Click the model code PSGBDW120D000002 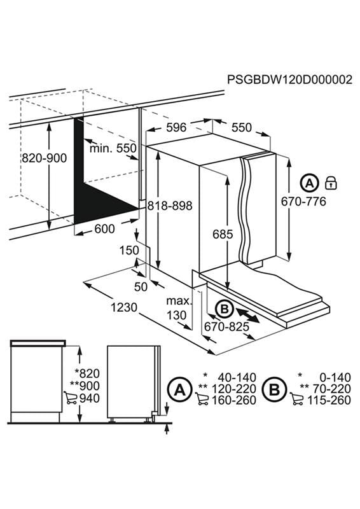point(289,80)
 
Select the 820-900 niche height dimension point(44,158)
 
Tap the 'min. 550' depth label point(113,148)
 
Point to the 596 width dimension point(176,127)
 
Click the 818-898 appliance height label point(169,206)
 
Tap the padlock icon point(330,183)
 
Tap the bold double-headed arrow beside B point(247,314)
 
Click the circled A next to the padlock point(309,183)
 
